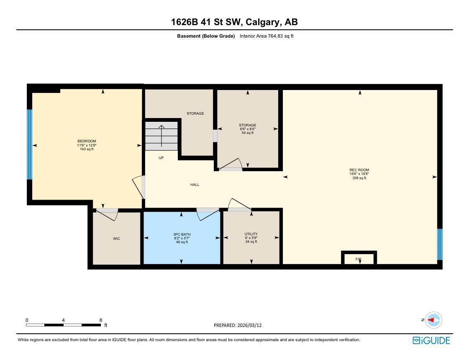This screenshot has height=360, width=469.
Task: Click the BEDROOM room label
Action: tap(87, 141)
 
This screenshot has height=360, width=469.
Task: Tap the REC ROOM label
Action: tap(359, 170)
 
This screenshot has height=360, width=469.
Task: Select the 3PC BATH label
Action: tap(182, 234)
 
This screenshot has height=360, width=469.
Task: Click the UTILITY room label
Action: tap(251, 234)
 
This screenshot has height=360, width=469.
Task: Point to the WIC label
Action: tap(116, 239)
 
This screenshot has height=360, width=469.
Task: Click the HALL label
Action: tap(195, 185)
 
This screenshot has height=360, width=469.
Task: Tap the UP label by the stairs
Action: tap(161, 158)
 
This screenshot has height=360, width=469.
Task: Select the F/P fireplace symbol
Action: tap(359, 259)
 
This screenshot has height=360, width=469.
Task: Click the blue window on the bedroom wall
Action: tap(30, 144)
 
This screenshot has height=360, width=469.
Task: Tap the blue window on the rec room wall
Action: tap(440, 244)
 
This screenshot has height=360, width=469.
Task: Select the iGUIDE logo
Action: tap(431, 340)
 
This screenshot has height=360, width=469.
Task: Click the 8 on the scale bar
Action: tap(100, 320)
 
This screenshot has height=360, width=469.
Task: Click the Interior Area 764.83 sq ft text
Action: tap(267, 36)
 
